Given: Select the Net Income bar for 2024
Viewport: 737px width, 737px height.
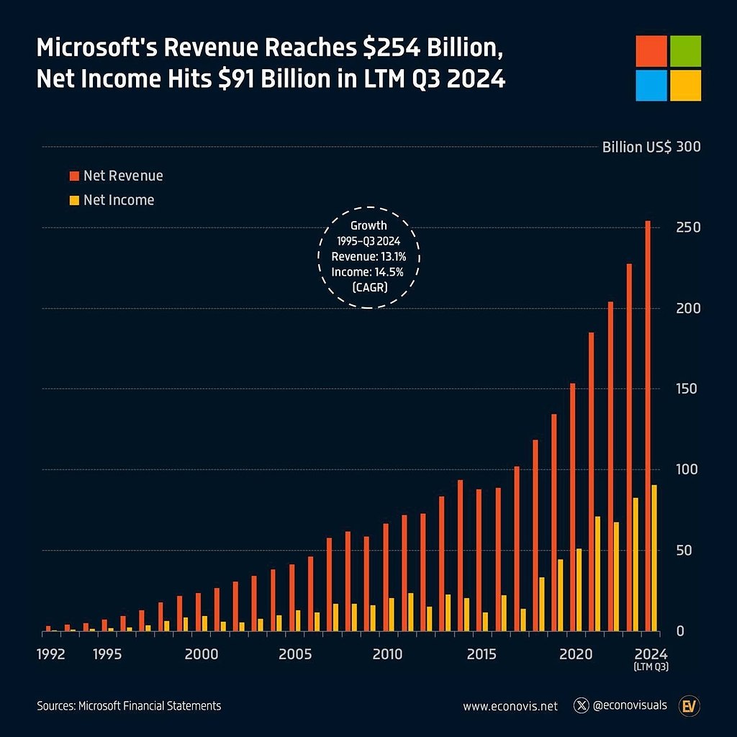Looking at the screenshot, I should [654, 559].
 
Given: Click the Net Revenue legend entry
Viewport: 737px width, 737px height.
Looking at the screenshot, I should [122, 176].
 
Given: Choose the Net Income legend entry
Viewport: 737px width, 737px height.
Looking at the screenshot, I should [118, 200].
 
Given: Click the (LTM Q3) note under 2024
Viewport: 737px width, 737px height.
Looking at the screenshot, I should [651, 668].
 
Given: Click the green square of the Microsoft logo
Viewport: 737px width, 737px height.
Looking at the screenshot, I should [685, 51].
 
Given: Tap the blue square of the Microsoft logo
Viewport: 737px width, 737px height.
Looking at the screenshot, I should [651, 85].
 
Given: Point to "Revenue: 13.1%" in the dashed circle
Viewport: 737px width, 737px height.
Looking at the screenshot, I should [368, 256].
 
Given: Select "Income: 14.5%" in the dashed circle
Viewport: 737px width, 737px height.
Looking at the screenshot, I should [368, 271].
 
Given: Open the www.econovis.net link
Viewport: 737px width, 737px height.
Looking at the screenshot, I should [510, 706].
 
